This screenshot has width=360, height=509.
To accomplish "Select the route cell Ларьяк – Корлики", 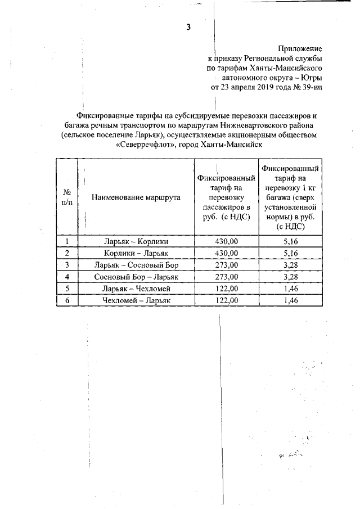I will point(136,241).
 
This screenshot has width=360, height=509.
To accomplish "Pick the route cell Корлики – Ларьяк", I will point(136,253).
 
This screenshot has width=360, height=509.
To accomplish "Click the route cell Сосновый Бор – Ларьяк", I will point(136,277).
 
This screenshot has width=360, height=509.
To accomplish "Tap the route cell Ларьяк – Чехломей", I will point(136,289).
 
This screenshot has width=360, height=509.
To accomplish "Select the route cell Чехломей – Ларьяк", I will point(136,300).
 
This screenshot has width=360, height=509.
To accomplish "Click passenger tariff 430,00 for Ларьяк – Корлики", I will point(227,241).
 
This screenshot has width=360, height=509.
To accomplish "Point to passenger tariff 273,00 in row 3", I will point(227,265).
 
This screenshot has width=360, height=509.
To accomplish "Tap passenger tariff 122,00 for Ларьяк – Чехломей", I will point(227,289).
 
